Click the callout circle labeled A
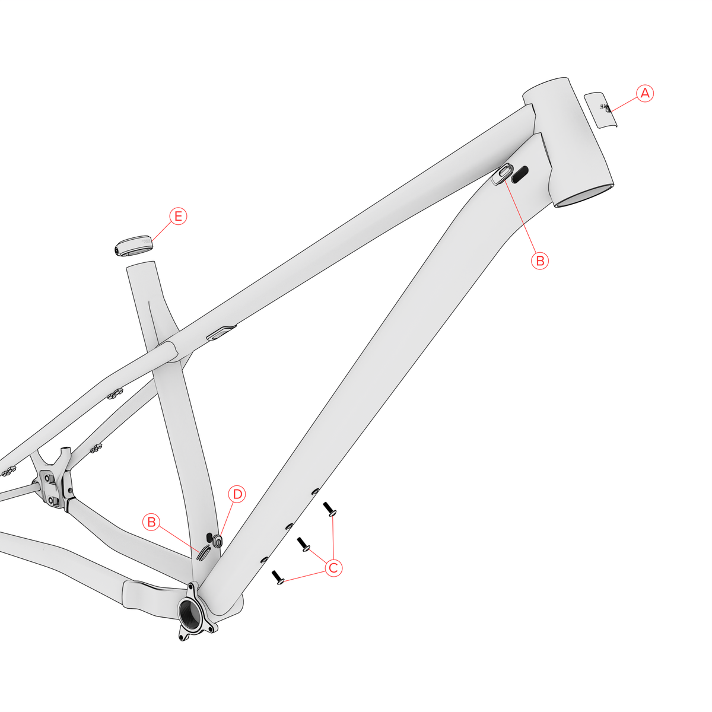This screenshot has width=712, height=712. (x=645, y=93)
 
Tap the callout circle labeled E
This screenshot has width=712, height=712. (x=178, y=217)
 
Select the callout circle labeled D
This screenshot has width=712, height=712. (x=237, y=494)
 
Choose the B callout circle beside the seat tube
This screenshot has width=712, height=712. (x=152, y=522)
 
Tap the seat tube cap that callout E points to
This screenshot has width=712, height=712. (x=133, y=246)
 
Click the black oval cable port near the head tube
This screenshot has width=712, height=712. (x=520, y=173)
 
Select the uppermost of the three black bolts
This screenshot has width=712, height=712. (x=329, y=509)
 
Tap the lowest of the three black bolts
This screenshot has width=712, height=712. (x=278, y=577)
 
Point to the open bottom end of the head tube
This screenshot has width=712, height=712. (x=584, y=197)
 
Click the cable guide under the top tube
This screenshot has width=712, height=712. (x=221, y=332)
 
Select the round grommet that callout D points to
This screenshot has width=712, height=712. (x=217, y=540)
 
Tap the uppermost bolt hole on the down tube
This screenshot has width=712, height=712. (x=315, y=491)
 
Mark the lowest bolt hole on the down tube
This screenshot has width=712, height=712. (x=264, y=559)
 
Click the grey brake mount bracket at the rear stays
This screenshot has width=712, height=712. (x=53, y=481)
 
